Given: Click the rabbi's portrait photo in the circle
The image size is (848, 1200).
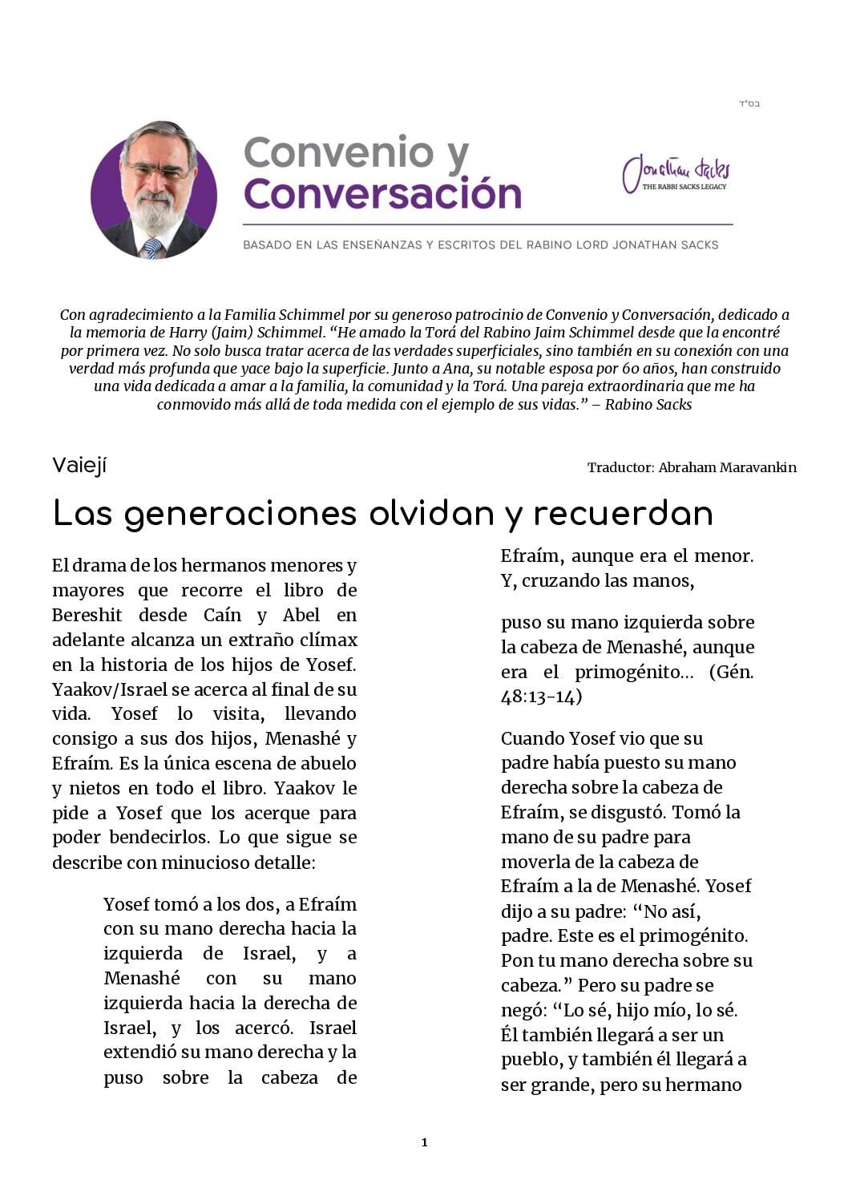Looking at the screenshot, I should coord(154,191).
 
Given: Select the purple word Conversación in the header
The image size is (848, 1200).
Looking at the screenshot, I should coord(382,194).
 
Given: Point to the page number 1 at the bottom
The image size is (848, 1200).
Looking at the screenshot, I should coord(424,1142).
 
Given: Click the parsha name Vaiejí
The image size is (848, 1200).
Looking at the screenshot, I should coord(79,465).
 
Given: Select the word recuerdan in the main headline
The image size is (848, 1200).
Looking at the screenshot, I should coord(623,514).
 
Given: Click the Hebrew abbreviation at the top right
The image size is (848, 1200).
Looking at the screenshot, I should coord(749,103).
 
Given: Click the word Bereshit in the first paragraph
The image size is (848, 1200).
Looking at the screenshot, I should coord(87,615).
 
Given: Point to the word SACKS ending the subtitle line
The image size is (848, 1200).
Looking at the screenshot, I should coord(698,244).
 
